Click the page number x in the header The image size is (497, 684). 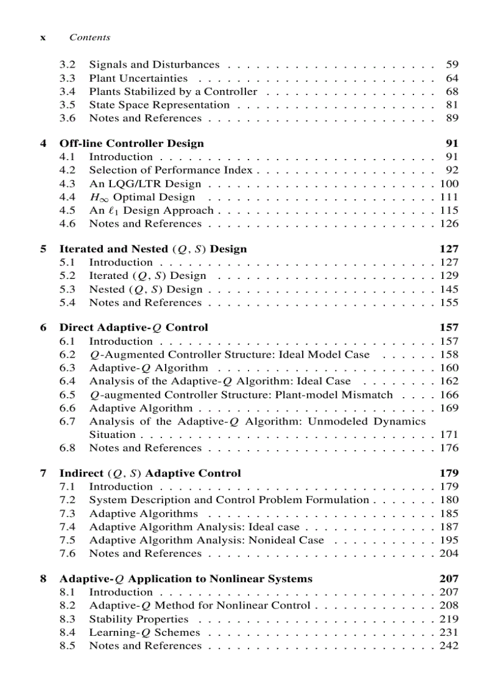pos(43,38)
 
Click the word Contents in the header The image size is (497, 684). pos(90,38)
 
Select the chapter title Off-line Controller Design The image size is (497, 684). pos(131,144)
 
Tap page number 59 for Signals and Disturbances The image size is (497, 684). pos(452,65)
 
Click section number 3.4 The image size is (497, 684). pos(67,91)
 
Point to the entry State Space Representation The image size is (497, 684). pos(159,105)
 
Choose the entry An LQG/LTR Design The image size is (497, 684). pos(145,184)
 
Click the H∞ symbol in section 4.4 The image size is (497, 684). pos(97,197)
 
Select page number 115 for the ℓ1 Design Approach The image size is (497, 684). pos(449,210)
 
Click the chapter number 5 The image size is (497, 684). pos(43,249)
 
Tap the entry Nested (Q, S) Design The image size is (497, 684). pos(146,289)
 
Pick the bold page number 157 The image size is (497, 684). pos(449,328)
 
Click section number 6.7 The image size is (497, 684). pos(67,421)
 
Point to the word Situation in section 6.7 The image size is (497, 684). pos(112,435)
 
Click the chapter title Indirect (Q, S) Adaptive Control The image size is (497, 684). pos(150,473)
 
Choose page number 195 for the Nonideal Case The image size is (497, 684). pos(449,540)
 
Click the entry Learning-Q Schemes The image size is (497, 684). pos(144,633)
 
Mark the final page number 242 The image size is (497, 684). pos(449,646)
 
